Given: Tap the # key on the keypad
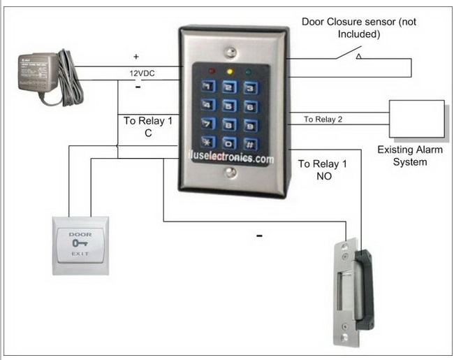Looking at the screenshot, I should coord(251,143).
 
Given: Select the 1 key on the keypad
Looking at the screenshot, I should coord(208,88).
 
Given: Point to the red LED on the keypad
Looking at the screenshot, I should coord(210,71).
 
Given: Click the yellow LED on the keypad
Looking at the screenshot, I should coord(230,71).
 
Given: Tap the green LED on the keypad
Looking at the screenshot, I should coord(249,71).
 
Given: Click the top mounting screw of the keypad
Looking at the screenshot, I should coord(231,51).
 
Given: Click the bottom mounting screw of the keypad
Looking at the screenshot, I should coord(230,179).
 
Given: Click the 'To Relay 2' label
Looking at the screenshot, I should coord(323,120).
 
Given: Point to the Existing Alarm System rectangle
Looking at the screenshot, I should coord(416,119).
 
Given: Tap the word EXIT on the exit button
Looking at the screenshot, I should coord(80,257).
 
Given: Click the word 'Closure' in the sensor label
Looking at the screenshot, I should coord(349,22).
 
